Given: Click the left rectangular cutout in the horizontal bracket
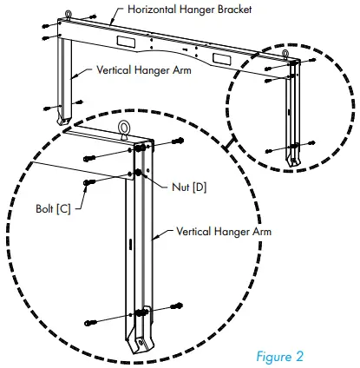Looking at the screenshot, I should tap(114, 40).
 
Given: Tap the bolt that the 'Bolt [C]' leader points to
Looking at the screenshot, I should tap(88, 182).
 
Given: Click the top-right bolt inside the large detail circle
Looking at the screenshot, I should tap(176, 140).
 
